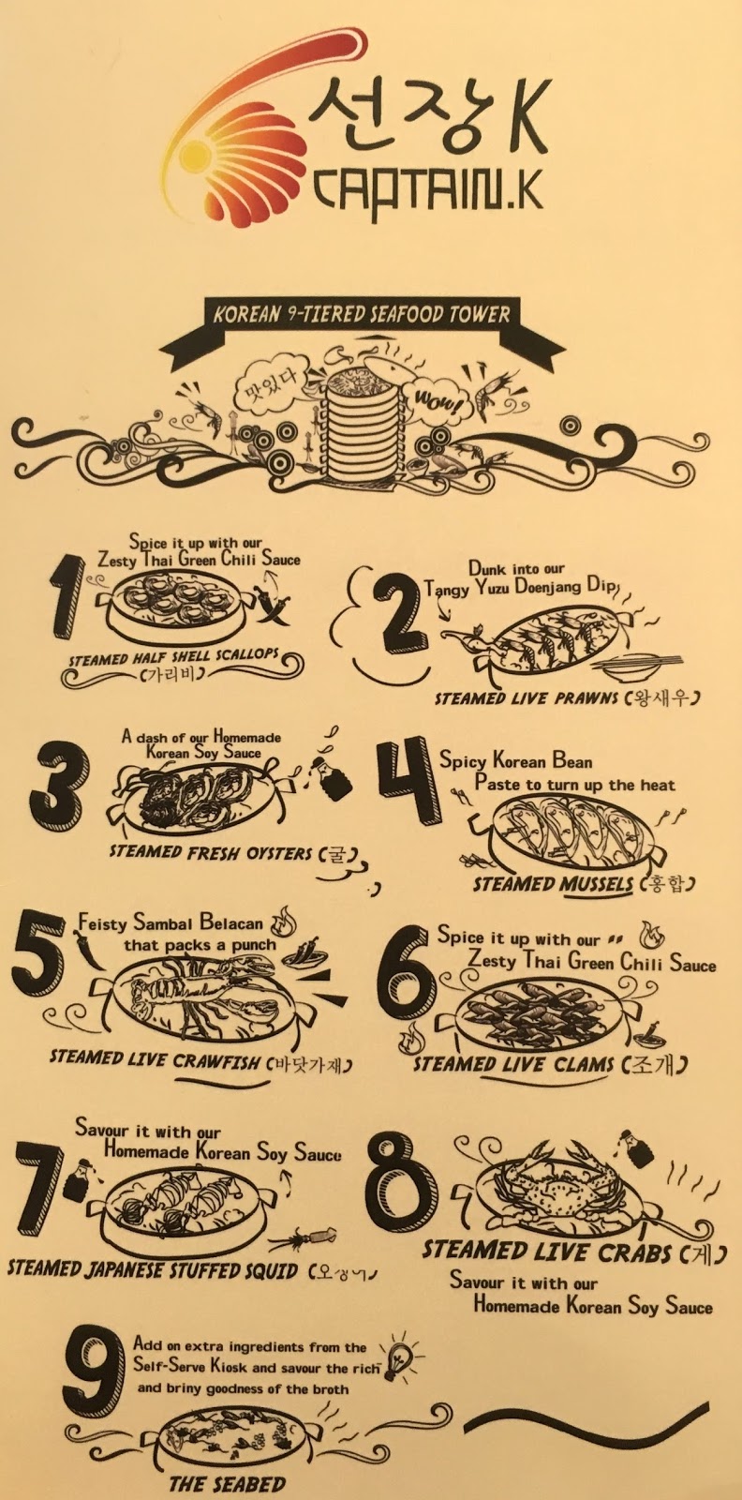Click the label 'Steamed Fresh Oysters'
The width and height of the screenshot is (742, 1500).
click(x=211, y=853)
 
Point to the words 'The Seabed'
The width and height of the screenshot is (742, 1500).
click(x=228, y=1484)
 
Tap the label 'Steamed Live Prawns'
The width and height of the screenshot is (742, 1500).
click(x=526, y=698)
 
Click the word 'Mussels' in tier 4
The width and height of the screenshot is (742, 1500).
click(x=588, y=885)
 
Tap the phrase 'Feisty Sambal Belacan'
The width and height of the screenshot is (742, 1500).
click(x=171, y=923)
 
